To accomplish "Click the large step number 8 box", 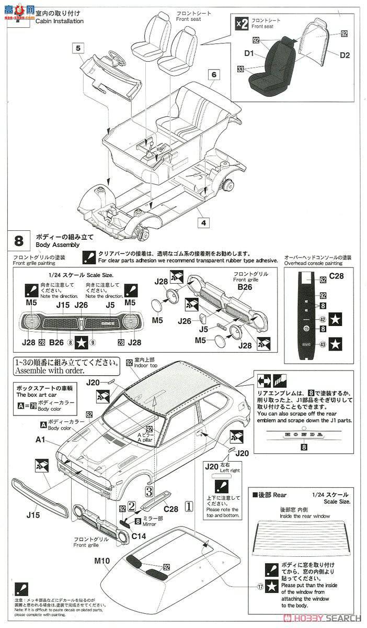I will (x=19, y=241).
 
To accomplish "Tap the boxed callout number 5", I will (x=77, y=48).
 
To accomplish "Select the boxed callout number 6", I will (x=213, y=74).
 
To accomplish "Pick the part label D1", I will (x=249, y=53).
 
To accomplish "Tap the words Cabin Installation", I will (x=59, y=21).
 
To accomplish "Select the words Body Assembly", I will (x=58, y=244).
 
